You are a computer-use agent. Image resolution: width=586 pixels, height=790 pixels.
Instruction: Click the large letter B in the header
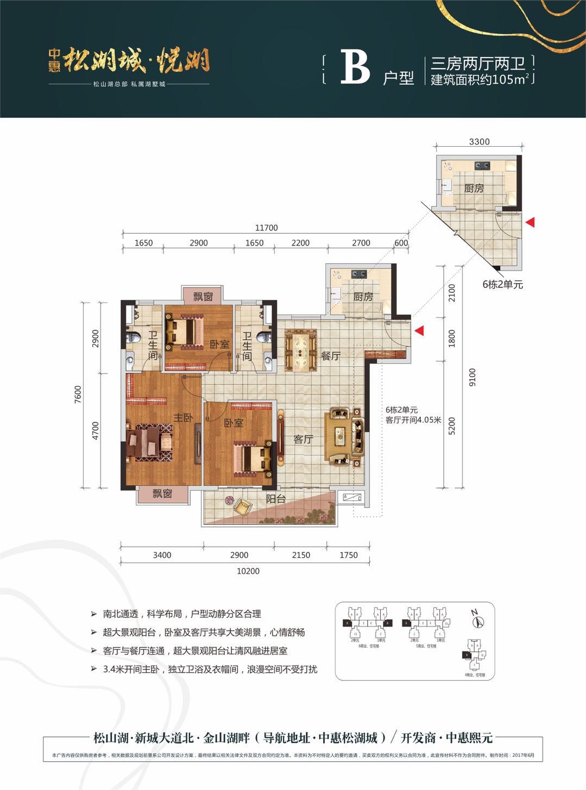[355, 68]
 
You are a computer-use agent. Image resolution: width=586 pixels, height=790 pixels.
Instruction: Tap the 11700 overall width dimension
[266, 228]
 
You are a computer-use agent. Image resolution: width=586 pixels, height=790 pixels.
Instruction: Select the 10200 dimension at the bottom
[248, 571]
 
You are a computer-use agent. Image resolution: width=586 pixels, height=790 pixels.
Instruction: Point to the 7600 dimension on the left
[78, 394]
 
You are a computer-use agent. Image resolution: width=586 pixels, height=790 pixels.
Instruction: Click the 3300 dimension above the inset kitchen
[479, 141]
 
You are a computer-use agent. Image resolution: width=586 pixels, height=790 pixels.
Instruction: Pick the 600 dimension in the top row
[401, 243]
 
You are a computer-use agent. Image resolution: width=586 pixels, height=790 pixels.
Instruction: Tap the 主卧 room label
[183, 417]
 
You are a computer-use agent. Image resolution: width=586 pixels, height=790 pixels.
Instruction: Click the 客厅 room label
[303, 439]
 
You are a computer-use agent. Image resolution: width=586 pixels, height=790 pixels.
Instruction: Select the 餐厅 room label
[330, 356]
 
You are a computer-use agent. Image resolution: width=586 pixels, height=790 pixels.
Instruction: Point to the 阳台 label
[275, 498]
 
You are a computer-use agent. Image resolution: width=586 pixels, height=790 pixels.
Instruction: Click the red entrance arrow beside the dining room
[419, 330]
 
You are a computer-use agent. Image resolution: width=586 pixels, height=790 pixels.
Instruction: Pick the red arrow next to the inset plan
[530, 222]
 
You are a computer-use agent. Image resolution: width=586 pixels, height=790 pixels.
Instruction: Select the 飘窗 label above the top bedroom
[203, 296]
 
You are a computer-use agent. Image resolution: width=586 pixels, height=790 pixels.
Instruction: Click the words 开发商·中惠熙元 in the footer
[446, 737]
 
